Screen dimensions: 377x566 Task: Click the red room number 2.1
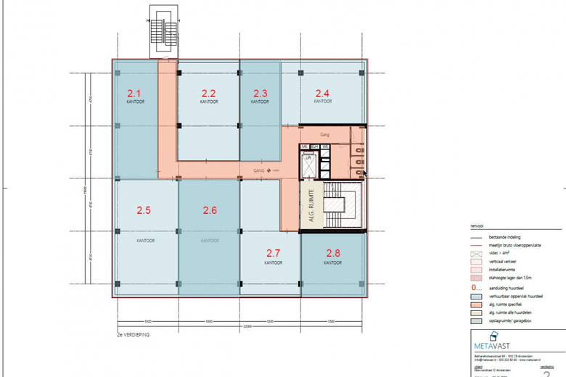tap(134, 94)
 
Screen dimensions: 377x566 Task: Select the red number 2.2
tap(208, 94)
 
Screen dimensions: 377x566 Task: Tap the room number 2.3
tap(261, 94)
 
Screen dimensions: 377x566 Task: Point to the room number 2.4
tap(322, 93)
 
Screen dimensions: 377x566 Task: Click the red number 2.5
tap(144, 211)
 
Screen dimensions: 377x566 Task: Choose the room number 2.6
tap(210, 211)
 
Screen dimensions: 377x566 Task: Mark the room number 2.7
tap(274, 253)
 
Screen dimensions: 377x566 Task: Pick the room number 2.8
tap(333, 253)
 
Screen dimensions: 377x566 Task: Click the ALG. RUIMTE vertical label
tap(311, 205)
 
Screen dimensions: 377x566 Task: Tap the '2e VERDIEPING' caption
tap(134, 336)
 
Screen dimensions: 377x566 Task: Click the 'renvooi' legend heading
tap(477, 225)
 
